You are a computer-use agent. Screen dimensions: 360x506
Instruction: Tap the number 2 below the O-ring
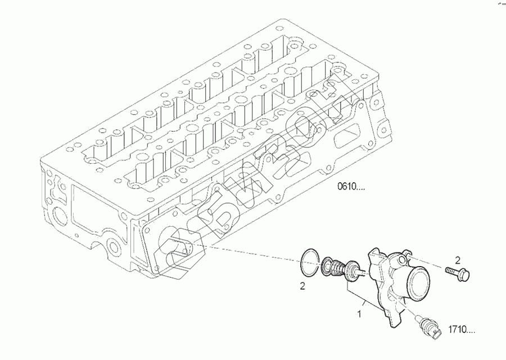(x=302, y=286)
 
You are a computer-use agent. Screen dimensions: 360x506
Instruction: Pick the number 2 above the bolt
(x=458, y=260)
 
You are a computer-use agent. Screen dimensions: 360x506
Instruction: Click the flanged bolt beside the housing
(x=459, y=274)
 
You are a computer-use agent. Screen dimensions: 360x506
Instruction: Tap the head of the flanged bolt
(x=465, y=276)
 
